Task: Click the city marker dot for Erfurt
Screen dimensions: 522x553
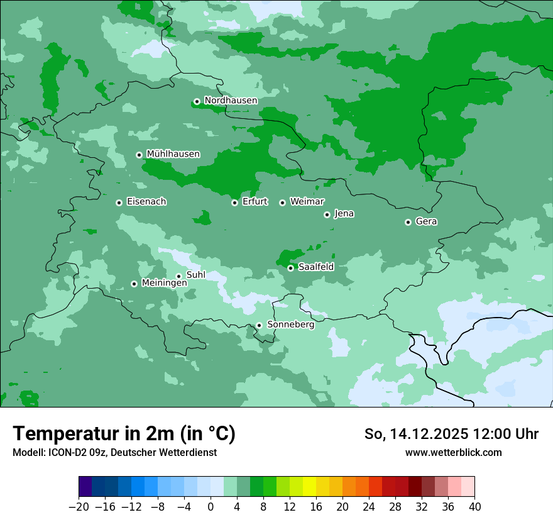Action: point(234,203)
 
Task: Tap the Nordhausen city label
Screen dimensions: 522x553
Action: point(231,101)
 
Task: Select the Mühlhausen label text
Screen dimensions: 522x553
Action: point(173,154)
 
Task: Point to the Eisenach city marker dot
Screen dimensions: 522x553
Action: point(119,203)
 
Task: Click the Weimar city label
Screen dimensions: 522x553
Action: point(307,202)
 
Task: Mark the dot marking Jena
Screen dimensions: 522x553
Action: point(327,214)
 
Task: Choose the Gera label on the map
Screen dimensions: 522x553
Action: point(426,221)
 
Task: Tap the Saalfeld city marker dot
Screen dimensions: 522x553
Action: point(291,268)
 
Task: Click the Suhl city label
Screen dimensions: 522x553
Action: point(196,275)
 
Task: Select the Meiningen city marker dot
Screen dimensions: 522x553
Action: point(134,284)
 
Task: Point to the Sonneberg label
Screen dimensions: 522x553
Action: point(290,325)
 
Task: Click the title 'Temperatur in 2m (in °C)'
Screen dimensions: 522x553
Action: point(124,434)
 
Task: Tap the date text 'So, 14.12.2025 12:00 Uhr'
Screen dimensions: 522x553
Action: point(451,434)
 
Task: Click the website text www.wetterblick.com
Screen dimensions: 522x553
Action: point(453,452)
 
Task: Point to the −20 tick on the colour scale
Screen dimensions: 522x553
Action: point(79,506)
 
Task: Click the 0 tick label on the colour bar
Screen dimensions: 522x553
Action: point(211,506)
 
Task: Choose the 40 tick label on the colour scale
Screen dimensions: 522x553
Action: point(474,506)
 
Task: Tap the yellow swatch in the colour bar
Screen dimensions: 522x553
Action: point(309,487)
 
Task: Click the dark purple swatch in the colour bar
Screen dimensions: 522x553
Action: point(85,487)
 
